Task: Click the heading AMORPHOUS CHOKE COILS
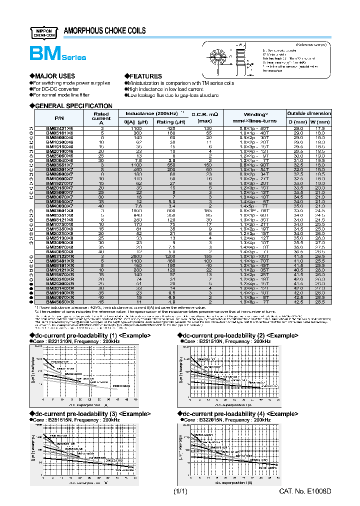point(105,31)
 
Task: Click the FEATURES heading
point(145,76)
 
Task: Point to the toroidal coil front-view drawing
point(218,56)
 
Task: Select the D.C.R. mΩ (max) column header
point(205,117)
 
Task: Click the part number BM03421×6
point(59,128)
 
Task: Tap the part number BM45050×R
point(60,302)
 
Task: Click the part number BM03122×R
point(60,256)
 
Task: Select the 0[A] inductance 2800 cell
point(132,256)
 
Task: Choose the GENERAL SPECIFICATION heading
point(73,106)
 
